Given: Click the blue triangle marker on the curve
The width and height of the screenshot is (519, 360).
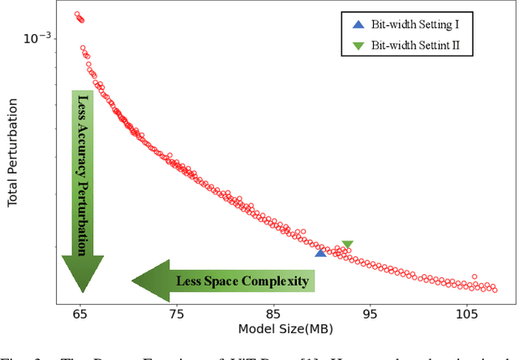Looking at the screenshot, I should point(320,253).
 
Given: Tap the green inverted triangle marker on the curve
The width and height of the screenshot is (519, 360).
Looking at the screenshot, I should point(347,245).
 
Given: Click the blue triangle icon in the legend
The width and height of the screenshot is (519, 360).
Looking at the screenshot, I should point(358,26).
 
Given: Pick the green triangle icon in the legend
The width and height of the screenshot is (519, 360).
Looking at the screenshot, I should point(358,45).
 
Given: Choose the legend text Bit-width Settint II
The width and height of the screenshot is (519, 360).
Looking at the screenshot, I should point(416,45).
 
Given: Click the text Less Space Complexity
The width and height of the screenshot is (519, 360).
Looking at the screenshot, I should point(242,281).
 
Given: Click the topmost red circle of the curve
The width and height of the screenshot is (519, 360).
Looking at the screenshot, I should point(77,14).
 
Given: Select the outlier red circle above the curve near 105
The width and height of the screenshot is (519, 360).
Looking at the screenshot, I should point(474,276).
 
